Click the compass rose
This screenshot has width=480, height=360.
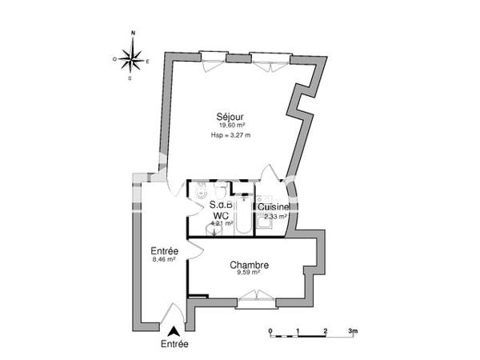pos(133,58)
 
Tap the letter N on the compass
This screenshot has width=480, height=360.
pos(133,34)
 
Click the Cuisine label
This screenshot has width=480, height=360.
pos(274,206)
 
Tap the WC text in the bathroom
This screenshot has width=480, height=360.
pos(222,214)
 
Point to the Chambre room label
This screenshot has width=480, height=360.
pos(249,266)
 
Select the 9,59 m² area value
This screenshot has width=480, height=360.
pos(249,274)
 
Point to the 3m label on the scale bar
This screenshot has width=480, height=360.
pos(353,330)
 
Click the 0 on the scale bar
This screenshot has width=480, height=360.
pos(270,330)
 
